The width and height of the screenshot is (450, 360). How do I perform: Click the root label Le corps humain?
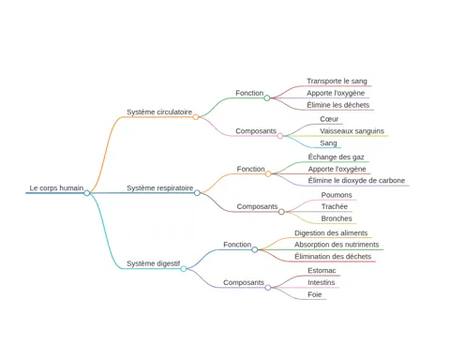pos(56,187)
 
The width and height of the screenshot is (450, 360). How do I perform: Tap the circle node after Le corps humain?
pos(87,193)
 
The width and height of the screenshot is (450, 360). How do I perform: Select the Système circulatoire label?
pos(159,112)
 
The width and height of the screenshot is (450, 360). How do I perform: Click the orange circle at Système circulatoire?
pos(196,117)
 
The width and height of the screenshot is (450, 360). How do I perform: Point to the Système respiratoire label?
pos(160,187)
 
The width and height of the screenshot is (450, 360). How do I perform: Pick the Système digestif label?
pos(154,263)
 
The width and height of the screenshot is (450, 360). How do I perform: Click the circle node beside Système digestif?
pos(184,268)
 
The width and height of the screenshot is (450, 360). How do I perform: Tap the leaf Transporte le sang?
pos(337,81)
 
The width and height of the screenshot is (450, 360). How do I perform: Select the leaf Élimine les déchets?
pos(338,105)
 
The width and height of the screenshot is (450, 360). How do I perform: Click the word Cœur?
pos(329,119)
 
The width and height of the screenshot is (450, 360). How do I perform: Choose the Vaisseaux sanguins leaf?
pos(352,131)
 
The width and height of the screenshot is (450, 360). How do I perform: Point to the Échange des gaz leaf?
pos(337,157)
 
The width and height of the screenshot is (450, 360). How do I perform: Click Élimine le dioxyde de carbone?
pos(356,180)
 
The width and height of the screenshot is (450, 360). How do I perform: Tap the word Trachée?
pos(335,206)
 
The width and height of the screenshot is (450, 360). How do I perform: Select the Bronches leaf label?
pos(337,218)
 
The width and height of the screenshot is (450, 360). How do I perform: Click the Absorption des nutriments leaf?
pos(337,245)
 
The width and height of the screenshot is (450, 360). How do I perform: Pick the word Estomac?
pos(322,271)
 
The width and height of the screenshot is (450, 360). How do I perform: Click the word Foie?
pos(315,294)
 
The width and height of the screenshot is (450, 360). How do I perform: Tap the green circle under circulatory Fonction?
pos(267,98)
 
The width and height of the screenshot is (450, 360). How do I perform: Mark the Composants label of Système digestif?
pos(244,282)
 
